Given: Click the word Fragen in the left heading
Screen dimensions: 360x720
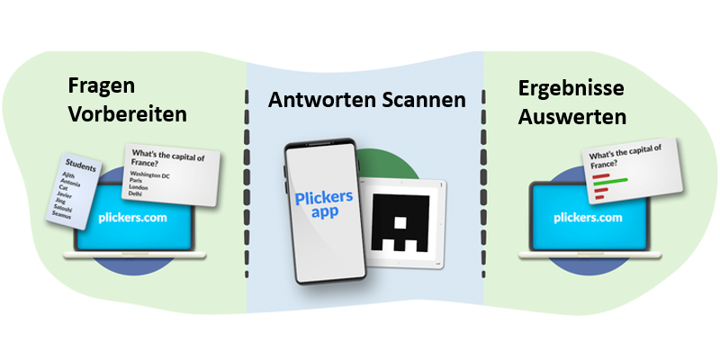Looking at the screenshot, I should click(103, 87).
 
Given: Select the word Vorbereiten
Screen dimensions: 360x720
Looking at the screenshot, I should click(127, 115).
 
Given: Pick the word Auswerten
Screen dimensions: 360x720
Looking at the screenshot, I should click(572, 116).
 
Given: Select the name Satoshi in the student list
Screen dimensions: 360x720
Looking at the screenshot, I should click(63, 207).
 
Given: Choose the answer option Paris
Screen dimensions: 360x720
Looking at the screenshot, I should click(139, 180).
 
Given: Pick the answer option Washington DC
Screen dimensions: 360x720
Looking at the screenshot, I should click(151, 174).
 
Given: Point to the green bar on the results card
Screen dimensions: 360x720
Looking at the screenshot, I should click(612, 181).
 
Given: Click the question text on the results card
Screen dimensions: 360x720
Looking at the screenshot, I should click(625, 156).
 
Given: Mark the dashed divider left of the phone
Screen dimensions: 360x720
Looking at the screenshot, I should click(247, 180).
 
